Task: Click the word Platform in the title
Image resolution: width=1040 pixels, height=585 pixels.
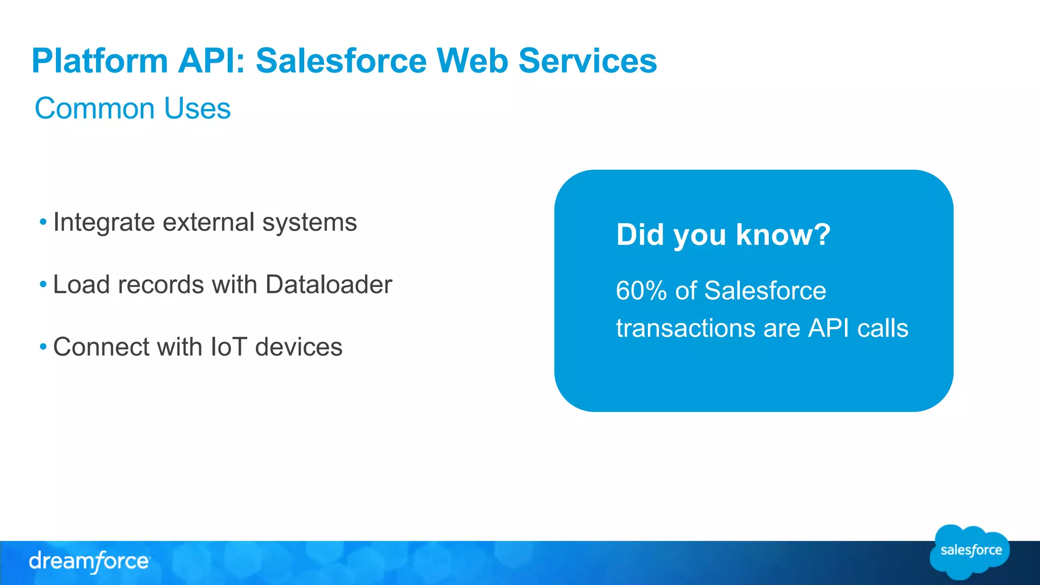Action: [100, 61]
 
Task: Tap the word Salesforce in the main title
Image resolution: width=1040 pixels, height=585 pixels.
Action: [341, 61]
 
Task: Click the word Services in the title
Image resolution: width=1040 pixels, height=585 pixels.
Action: [588, 61]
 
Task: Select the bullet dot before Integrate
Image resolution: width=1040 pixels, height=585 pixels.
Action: [43, 222]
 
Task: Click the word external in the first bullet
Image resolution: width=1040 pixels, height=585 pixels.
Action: [208, 222]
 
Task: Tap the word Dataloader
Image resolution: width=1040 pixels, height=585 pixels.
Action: [329, 284]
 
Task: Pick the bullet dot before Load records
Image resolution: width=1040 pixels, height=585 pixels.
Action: [43, 284]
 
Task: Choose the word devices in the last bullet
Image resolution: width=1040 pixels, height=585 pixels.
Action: [299, 347]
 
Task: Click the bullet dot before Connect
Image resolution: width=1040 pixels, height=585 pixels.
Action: [43, 347]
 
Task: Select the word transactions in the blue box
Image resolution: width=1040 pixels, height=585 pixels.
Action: [685, 328]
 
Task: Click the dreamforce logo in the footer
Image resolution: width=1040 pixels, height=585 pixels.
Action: [89, 562]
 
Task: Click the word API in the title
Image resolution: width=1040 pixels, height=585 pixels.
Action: [212, 61]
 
